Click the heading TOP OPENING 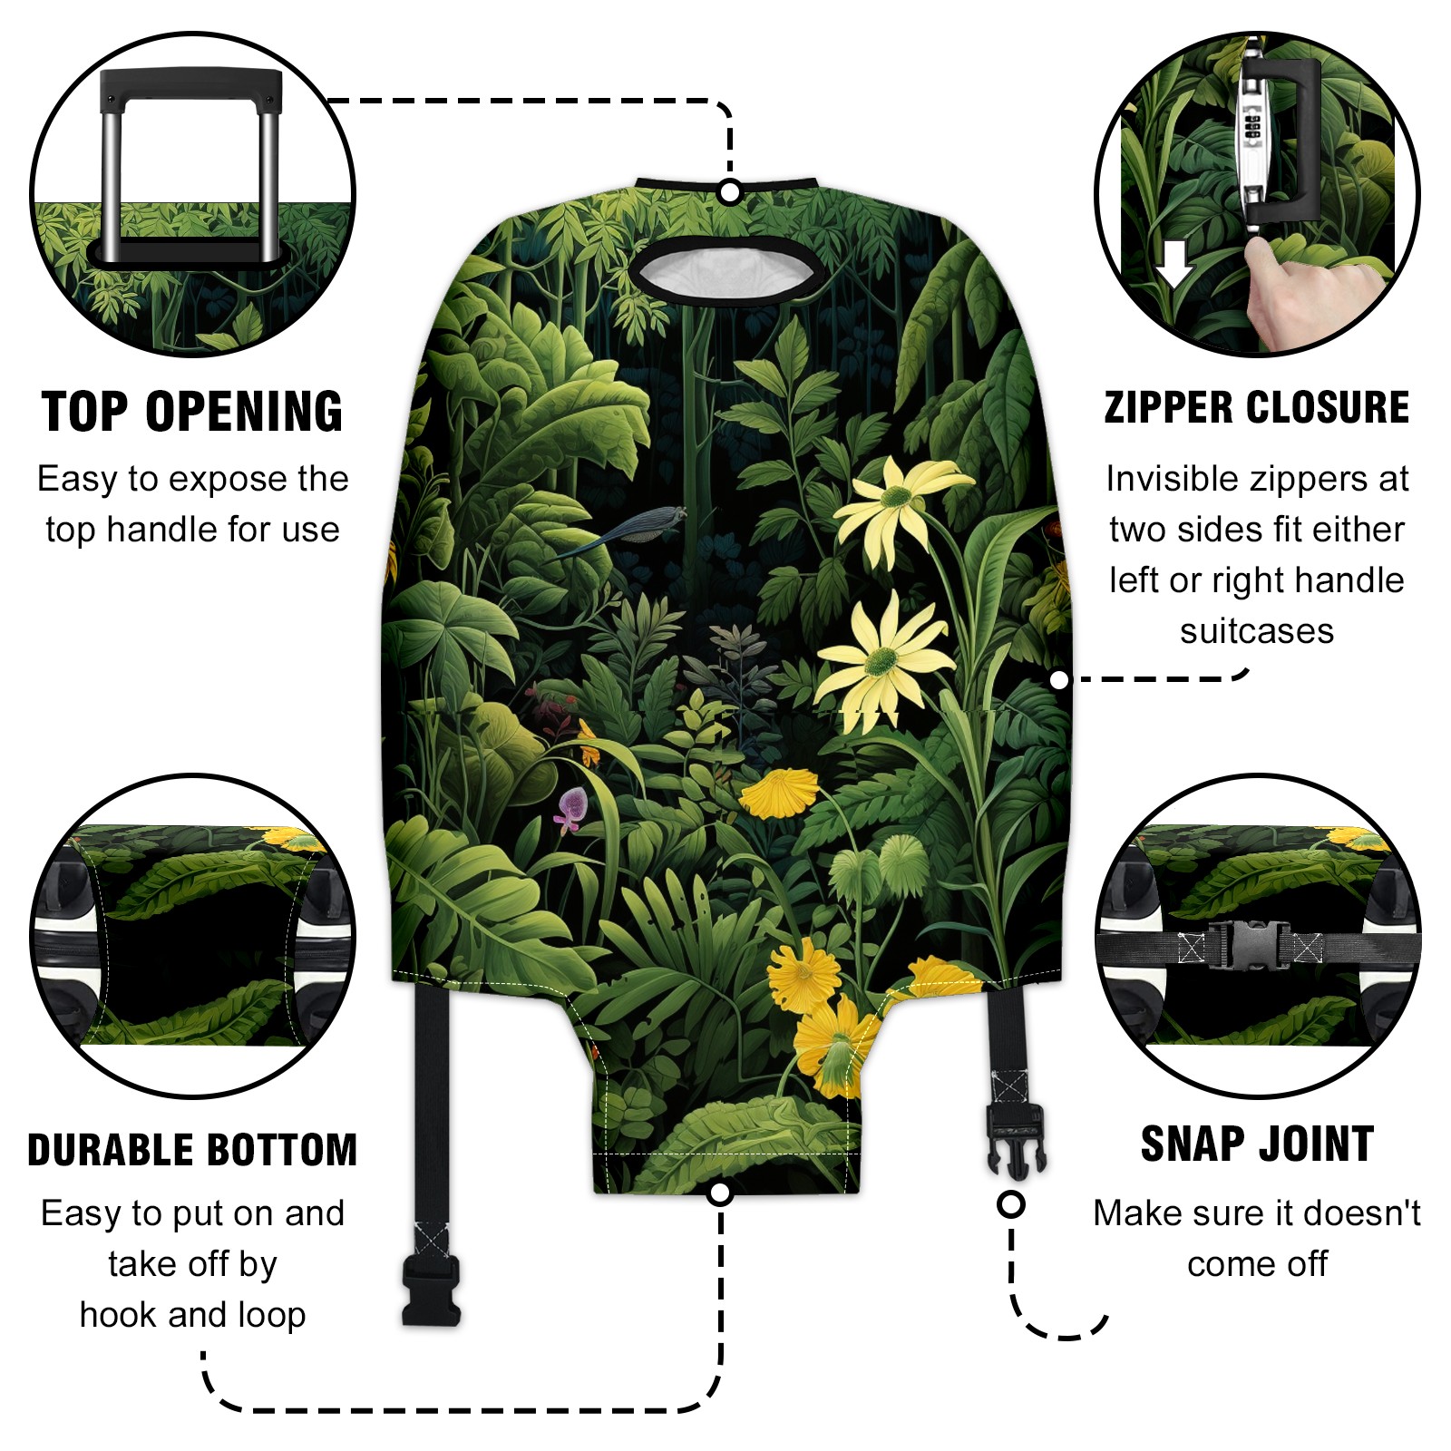192,412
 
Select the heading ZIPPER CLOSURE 1257,407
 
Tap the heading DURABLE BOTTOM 192,1150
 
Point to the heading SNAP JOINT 1257,1144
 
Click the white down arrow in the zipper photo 1176,263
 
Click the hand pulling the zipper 1306,290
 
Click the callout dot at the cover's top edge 730,192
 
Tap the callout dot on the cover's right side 1059,680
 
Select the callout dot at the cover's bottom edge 720,1193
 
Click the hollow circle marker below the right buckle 1011,1204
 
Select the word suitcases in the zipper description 1257,631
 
